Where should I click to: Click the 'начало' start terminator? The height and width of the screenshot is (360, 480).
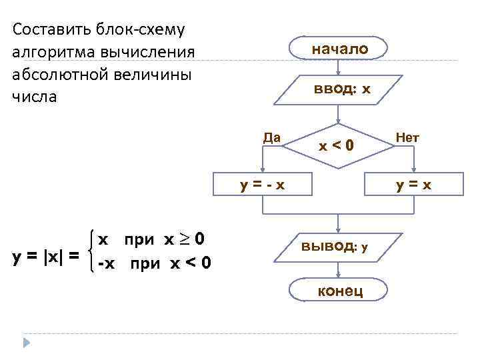point(339,49)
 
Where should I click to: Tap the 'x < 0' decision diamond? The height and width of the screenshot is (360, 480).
point(338,145)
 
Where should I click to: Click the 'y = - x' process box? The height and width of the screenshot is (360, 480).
point(263,185)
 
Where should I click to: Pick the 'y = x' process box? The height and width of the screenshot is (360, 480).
point(413,185)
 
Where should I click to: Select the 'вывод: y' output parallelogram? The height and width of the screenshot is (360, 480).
point(338,247)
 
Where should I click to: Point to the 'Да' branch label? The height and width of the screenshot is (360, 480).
point(271,137)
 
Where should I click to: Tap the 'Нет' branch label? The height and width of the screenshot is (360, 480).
point(407,137)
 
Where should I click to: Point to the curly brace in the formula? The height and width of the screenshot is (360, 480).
point(90,250)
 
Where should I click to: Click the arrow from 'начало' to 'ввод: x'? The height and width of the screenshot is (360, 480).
point(339,67)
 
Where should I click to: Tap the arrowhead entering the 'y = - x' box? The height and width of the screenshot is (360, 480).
point(263,171)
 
